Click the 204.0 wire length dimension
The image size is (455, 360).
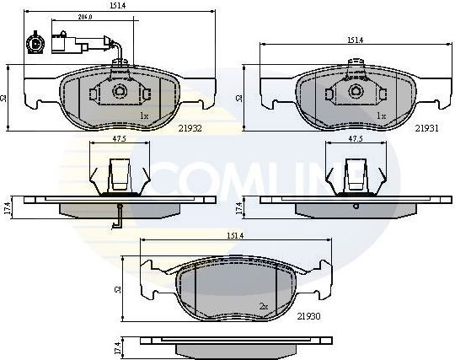click(84, 17)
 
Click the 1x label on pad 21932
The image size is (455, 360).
click(143, 116)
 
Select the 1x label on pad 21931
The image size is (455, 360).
click(381, 116)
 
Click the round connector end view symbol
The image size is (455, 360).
click(35, 41)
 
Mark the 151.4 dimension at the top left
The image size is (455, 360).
click(117, 5)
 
